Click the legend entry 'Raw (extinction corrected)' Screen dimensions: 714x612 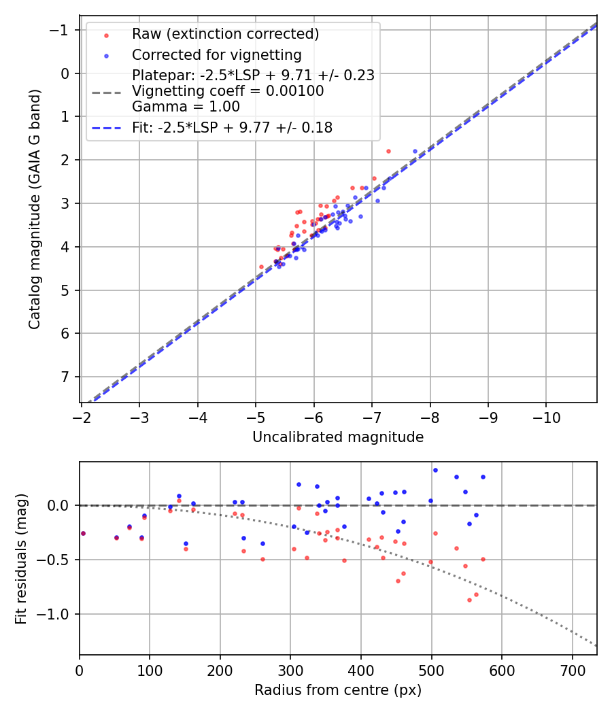pyautogui.click(x=225, y=33)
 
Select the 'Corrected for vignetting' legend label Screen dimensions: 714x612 pyautogui.click(x=216, y=54)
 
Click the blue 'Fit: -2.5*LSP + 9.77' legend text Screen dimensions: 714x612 pyautogui.click(x=232, y=127)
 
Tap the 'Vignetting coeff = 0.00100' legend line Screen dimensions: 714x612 pyautogui.click(x=228, y=90)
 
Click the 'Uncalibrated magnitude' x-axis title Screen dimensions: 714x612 pyautogui.click(x=338, y=437)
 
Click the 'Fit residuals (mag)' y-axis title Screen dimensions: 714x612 pyautogui.click(x=21, y=558)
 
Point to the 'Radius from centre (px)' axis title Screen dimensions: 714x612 pyautogui.click(x=338, y=690)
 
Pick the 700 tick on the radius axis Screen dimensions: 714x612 pyautogui.click(x=572, y=669)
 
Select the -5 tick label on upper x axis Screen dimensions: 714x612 pyautogui.click(x=256, y=416)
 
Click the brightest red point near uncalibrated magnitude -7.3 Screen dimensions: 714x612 pyautogui.click(x=388, y=151)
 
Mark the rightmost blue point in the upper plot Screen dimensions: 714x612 pyautogui.click(x=415, y=151)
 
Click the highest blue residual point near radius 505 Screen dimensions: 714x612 pyautogui.click(x=435, y=470)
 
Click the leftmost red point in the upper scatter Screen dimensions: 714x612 pyautogui.click(x=261, y=267)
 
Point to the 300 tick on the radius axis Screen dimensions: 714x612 pyautogui.click(x=290, y=669)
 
